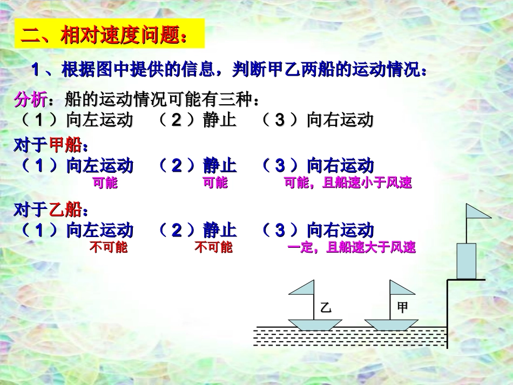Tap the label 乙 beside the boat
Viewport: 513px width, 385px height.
click(x=325, y=308)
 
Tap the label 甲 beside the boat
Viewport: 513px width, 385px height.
click(x=402, y=307)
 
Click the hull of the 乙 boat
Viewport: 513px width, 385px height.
click(x=315, y=324)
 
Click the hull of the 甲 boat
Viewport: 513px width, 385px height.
click(x=391, y=324)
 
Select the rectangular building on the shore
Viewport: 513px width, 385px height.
click(x=467, y=260)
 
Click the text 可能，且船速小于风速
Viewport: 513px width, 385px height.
click(x=348, y=183)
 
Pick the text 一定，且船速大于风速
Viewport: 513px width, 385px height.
click(x=352, y=248)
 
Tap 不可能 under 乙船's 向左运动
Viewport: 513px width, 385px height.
click(x=108, y=248)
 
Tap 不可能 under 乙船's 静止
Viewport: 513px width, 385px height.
click(x=213, y=248)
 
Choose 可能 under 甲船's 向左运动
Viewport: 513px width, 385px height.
click(x=105, y=183)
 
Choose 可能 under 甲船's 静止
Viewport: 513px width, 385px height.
click(x=215, y=183)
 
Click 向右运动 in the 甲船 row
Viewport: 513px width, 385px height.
click(x=340, y=165)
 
